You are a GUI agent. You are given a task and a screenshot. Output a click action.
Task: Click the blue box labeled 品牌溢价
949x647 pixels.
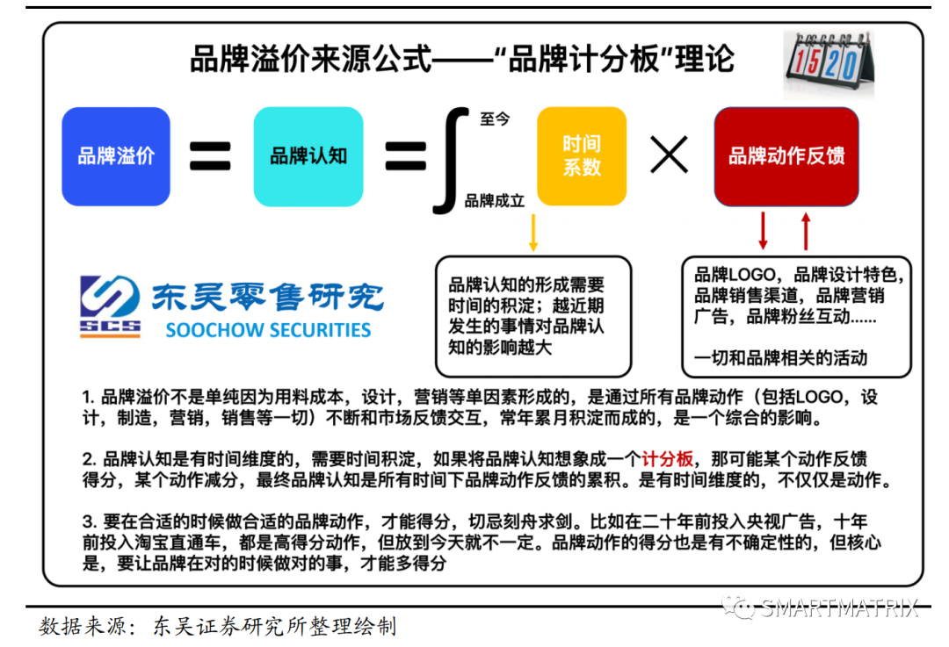click(x=115, y=156)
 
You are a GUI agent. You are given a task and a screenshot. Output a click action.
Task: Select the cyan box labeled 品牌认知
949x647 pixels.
click(x=308, y=156)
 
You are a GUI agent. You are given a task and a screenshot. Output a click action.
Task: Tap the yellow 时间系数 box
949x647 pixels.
click(x=581, y=156)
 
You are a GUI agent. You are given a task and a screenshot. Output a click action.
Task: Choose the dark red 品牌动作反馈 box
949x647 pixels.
click(x=786, y=156)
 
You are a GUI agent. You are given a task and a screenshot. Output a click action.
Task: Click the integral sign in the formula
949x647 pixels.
click(x=449, y=156)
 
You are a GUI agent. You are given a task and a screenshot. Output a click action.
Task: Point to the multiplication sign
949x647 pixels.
click(x=669, y=156)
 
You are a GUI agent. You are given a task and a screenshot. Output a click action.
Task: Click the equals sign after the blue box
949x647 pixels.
click(x=211, y=156)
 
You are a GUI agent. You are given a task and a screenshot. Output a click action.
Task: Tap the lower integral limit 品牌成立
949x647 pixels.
click(x=495, y=201)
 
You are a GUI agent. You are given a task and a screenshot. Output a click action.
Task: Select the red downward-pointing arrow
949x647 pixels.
click(x=763, y=230)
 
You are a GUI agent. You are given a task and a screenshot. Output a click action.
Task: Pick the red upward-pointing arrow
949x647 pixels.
click(x=806, y=230)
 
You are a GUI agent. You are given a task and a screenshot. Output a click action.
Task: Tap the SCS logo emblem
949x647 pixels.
click(x=111, y=306)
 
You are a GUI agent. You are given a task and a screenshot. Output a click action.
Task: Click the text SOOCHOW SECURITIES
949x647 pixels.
click(x=268, y=331)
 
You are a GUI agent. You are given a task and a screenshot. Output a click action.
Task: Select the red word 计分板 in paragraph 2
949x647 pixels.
click(x=668, y=459)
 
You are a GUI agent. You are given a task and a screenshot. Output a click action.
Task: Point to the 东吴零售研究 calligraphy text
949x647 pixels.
click(x=268, y=297)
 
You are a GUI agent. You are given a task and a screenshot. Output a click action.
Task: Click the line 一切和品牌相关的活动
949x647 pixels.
click(x=780, y=357)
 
